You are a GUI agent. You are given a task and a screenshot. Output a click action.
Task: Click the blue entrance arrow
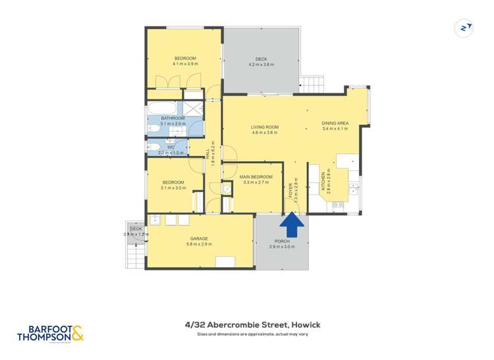coord(292,226)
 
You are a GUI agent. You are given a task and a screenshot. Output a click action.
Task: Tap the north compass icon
coord(465,28)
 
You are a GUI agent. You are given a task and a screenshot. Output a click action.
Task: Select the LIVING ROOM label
coord(265,127)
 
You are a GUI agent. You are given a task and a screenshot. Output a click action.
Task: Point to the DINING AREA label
coord(335,123)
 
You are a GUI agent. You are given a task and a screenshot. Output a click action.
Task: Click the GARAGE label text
coord(200,238)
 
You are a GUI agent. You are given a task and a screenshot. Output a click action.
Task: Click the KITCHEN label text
coord(323,178)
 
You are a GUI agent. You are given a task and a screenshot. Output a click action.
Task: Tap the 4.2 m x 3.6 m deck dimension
coord(261,64)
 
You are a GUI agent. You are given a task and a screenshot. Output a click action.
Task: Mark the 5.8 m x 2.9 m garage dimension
coord(200,244)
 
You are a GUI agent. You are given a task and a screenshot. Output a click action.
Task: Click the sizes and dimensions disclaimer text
coord(252,334)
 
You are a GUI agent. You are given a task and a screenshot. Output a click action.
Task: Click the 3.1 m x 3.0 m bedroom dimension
coord(173,188)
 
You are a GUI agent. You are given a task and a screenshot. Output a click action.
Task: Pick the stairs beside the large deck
coord(314,84)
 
